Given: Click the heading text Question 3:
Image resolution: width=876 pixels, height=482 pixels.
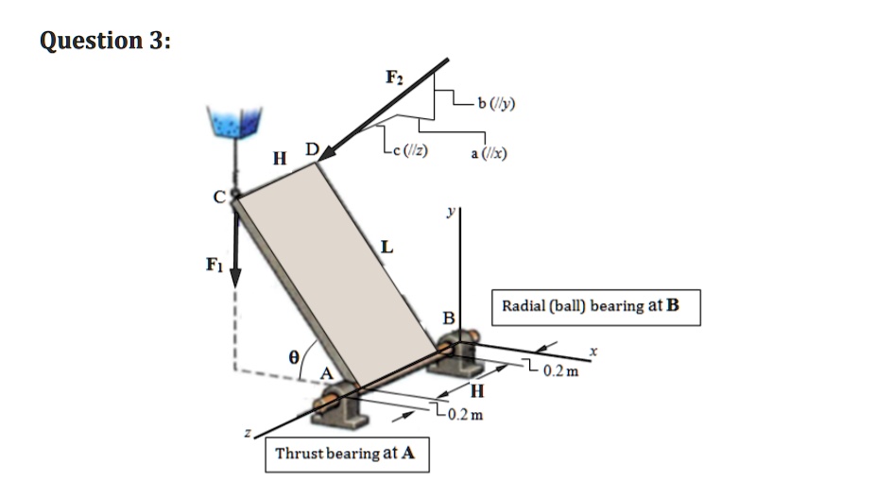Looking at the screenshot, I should pos(106,41).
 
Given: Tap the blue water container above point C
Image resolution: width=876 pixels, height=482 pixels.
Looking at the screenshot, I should pos(232,123).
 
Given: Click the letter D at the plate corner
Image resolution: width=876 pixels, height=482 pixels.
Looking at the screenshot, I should pos(312,149).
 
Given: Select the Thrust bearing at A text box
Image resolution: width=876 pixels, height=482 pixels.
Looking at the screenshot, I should pos(345,454).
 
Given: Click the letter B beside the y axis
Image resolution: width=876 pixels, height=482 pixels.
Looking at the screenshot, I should pos(450,317).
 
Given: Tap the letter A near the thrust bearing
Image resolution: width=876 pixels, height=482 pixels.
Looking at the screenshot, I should pos(327,373).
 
